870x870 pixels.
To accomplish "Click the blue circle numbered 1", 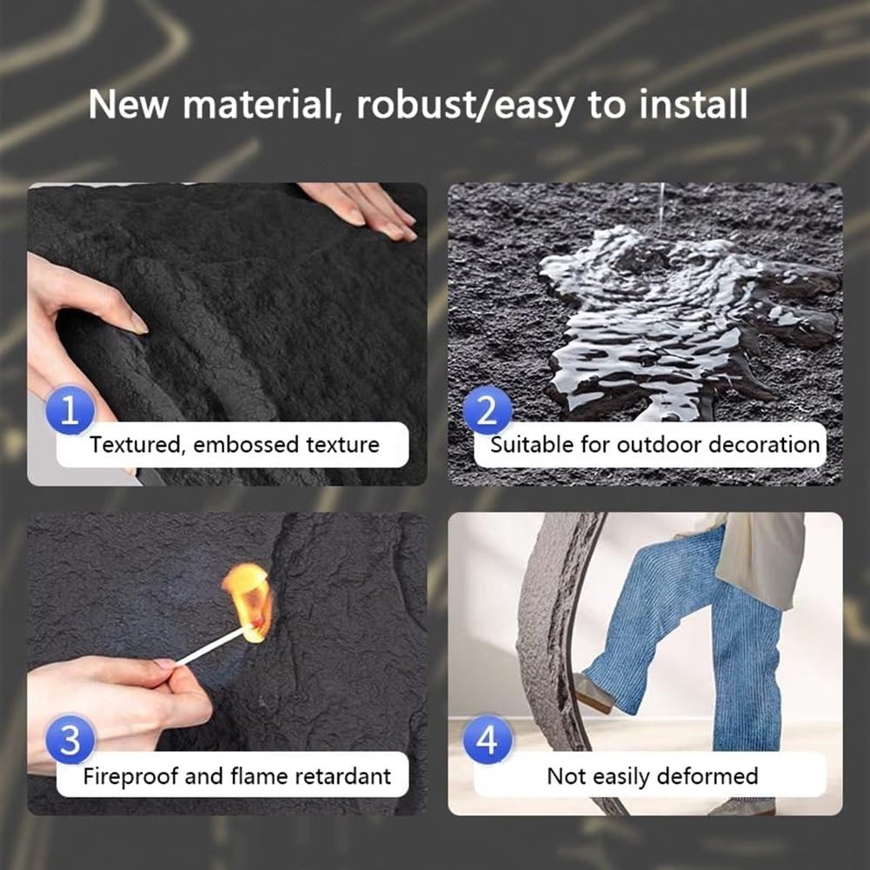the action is [x=70, y=410].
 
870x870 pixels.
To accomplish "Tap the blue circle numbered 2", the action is [x=488, y=410].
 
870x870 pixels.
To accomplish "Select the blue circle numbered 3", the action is [x=70, y=740].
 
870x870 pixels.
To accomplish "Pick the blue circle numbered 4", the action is [x=488, y=740].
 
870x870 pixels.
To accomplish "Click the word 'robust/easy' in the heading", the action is [x=465, y=105].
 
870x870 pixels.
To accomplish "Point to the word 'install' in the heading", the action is [x=693, y=103].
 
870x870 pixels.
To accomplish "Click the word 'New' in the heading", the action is [x=128, y=103].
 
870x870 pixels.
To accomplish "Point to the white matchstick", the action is [x=213, y=644].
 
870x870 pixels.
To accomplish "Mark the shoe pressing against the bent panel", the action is [x=593, y=693].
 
